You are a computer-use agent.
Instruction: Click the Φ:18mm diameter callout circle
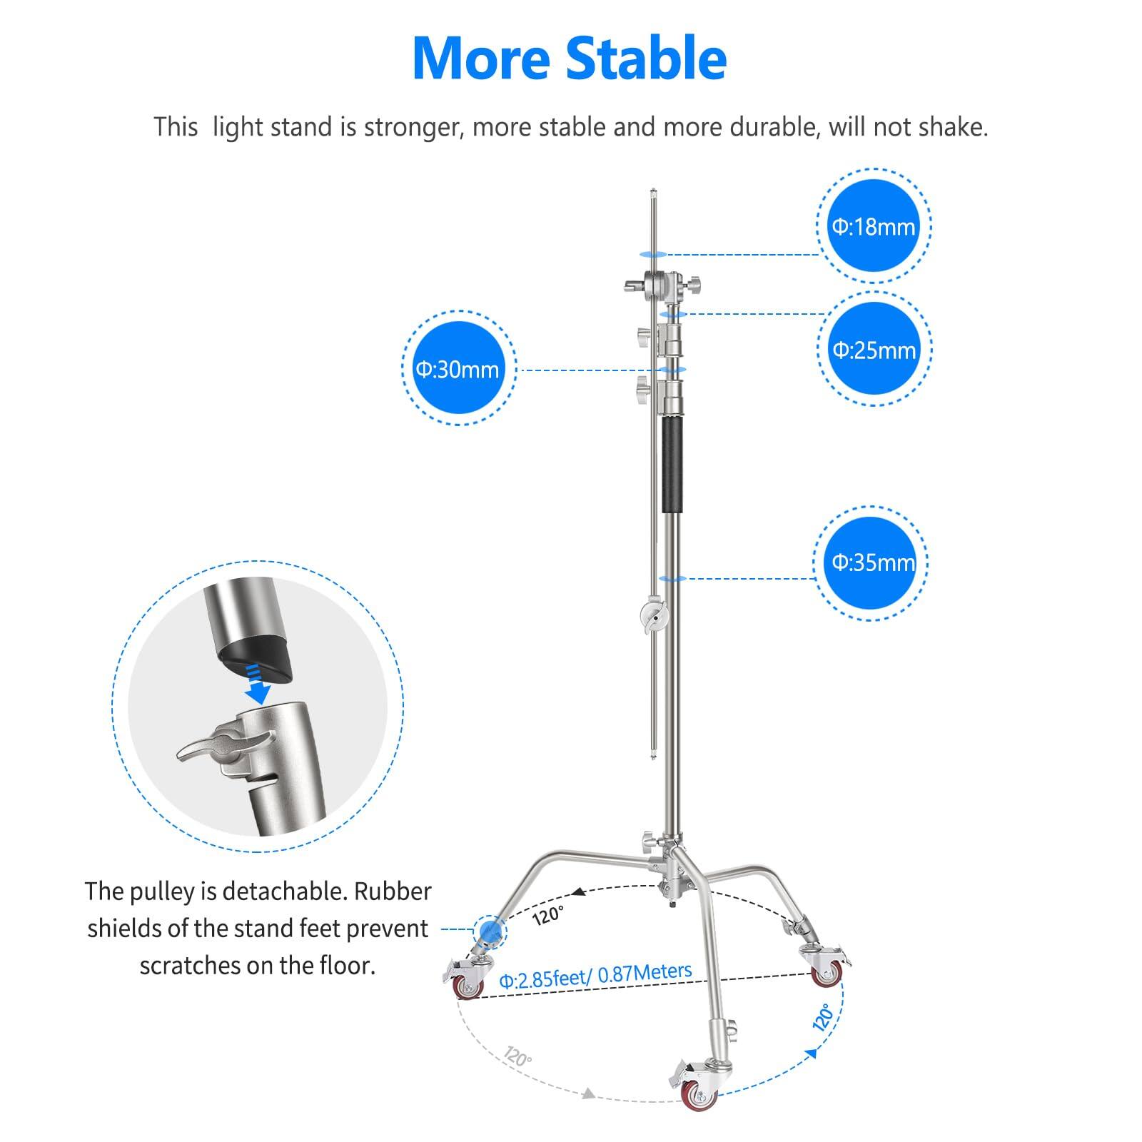point(874,226)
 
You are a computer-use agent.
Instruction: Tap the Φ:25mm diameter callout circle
point(874,350)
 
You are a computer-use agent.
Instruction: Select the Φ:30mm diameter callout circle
point(458,369)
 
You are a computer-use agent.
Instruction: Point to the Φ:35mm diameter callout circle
point(872,562)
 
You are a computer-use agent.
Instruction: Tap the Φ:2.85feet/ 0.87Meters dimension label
point(595,975)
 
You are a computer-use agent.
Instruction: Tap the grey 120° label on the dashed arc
point(517,1057)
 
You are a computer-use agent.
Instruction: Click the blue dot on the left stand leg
point(490,930)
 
